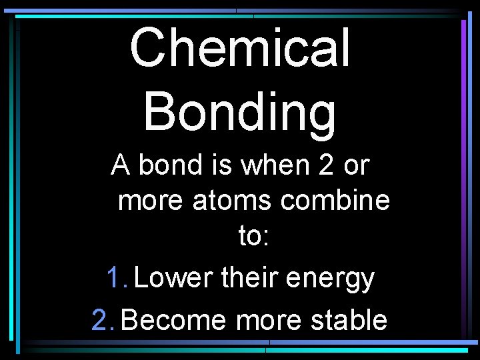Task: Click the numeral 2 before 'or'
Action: tap(325, 164)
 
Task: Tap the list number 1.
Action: tap(115, 277)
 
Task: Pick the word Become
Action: tap(175, 320)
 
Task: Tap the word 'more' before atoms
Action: tap(151, 199)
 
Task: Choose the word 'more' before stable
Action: tap(269, 320)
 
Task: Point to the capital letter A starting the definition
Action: tap(121, 164)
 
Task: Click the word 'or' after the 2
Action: tap(357, 164)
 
